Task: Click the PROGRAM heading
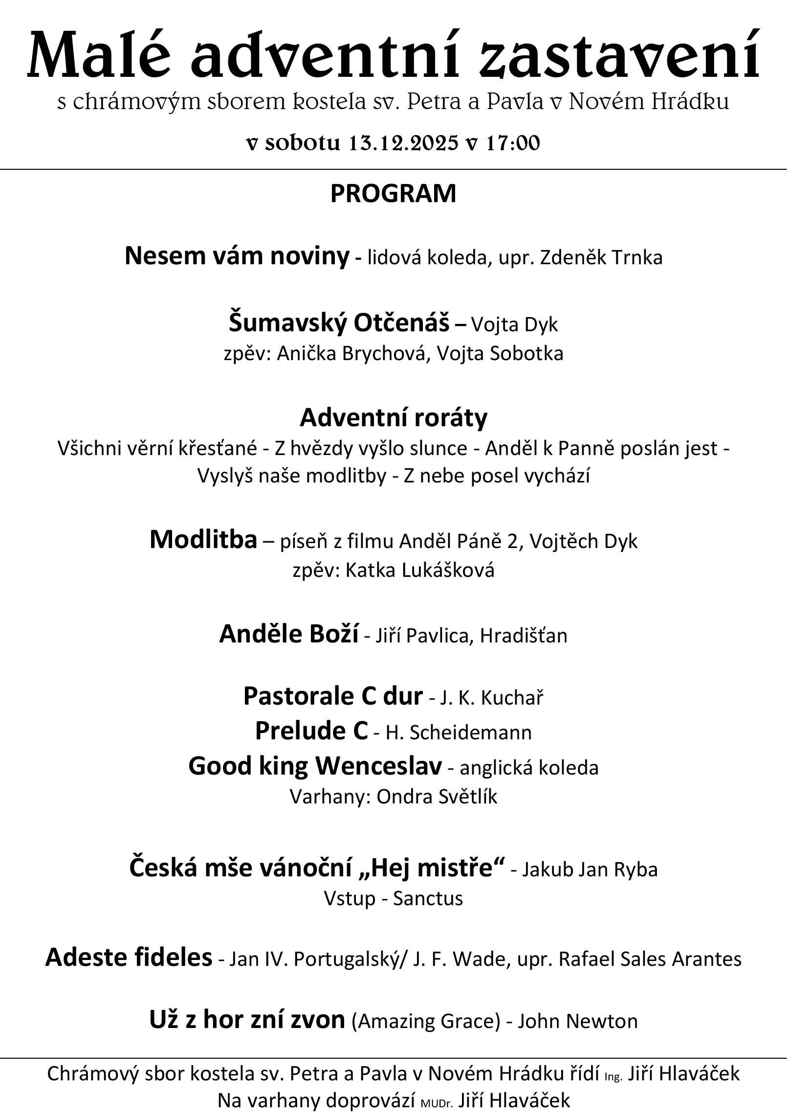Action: click(393, 194)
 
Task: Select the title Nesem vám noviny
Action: click(237, 256)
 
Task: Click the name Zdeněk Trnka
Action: click(601, 257)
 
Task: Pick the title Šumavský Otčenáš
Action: click(339, 323)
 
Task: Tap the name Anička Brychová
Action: click(353, 353)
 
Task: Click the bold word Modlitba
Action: click(203, 540)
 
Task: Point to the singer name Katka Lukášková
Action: click(420, 570)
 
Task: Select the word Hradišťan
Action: click(524, 636)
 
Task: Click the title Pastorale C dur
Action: click(333, 696)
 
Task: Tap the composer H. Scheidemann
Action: click(459, 732)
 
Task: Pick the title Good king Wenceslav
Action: click(315, 766)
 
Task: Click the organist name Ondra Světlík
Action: click(437, 797)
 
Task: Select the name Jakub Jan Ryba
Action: click(590, 869)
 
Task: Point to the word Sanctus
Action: click(428, 898)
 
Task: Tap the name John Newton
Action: click(577, 1021)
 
